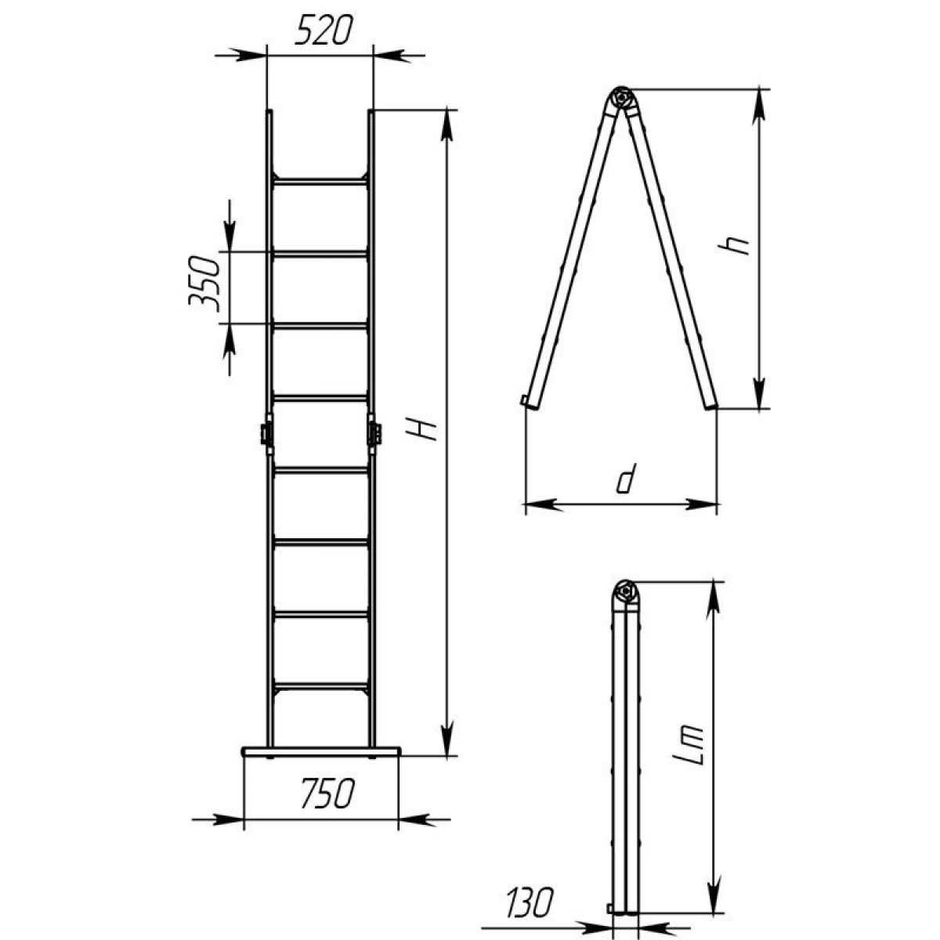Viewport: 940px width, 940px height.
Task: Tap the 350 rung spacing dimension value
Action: (204, 280)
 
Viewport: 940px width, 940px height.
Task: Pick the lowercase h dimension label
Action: (733, 245)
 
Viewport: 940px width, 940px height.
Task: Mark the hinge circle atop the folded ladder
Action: (625, 592)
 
